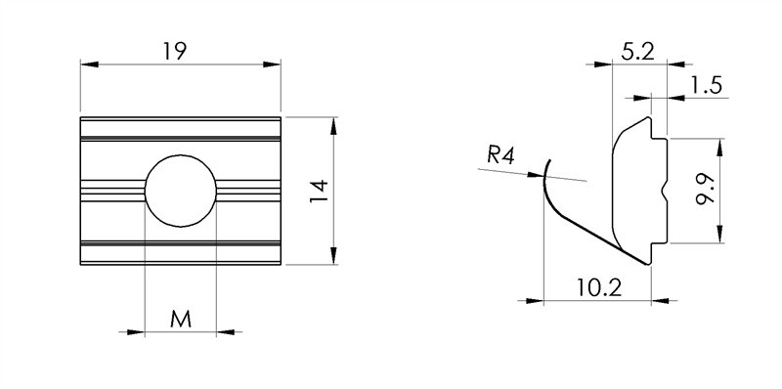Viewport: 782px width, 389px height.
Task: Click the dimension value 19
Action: pyautogui.click(x=175, y=51)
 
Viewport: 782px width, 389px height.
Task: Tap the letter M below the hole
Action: pyautogui.click(x=180, y=319)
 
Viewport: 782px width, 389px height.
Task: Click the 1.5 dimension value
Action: pyautogui.click(x=705, y=86)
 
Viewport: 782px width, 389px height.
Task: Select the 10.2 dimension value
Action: pyautogui.click(x=597, y=287)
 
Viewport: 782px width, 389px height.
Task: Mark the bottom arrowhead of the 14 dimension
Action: pyautogui.click(x=335, y=257)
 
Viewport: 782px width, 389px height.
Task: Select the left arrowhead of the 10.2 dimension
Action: pyautogui.click(x=550, y=300)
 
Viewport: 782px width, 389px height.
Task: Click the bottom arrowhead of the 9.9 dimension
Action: pyautogui.click(x=720, y=234)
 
